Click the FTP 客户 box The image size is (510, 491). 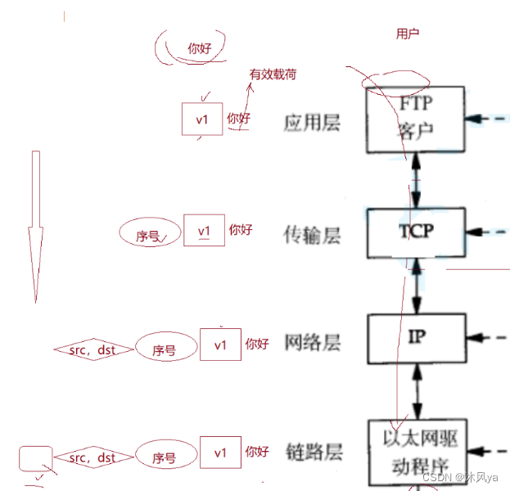click(416, 119)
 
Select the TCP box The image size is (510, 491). click(416, 232)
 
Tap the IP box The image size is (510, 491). click(416, 337)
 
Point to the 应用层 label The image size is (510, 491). click(312, 123)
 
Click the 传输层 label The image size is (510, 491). click(312, 236)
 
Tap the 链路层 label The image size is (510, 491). click(312, 453)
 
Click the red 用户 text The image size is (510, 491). click(408, 34)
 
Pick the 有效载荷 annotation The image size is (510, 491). click(273, 74)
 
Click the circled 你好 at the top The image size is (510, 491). click(199, 48)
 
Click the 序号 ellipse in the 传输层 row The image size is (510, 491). click(149, 236)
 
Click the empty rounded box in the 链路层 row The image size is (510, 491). click(35, 458)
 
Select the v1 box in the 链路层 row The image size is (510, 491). click(220, 453)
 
